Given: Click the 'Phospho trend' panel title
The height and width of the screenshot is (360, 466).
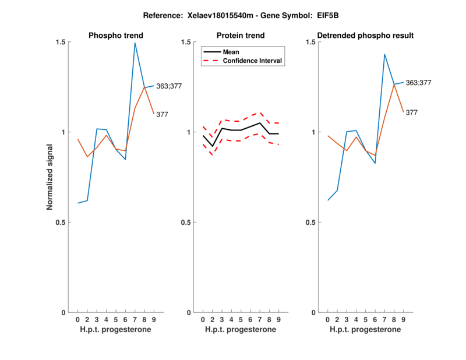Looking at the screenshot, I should [115, 36].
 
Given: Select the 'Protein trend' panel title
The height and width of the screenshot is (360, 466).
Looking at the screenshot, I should [241, 36].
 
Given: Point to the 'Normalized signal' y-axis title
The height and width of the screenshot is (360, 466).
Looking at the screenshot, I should [50, 177].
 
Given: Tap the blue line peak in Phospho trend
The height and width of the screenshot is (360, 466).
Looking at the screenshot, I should [135, 43].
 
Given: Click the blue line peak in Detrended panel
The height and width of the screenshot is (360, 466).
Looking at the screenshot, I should [384, 54].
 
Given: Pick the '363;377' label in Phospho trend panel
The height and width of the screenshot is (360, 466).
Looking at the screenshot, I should [169, 86].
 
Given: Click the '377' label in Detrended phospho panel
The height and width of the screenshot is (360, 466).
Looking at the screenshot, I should [412, 112].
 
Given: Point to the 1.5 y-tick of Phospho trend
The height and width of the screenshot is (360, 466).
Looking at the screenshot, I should [60, 43].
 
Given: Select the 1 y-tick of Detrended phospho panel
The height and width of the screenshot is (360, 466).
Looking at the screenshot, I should [314, 132].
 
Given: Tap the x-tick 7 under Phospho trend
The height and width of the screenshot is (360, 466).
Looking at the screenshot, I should [135, 320].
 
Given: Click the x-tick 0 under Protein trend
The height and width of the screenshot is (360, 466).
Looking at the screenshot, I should [203, 320].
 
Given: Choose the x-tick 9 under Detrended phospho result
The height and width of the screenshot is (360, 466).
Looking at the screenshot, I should [403, 320].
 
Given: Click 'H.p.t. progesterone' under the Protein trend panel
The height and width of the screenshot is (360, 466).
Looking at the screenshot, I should [241, 330].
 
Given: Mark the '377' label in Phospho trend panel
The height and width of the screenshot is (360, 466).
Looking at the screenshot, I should [162, 115].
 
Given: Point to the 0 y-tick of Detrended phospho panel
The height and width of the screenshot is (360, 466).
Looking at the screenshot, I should [314, 313].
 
